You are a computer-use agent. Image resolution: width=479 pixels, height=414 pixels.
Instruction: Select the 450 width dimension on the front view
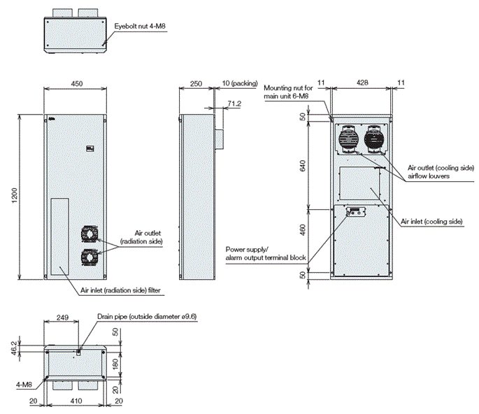(x=77, y=83)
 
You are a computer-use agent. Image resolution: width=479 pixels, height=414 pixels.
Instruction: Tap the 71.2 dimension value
(x=234, y=103)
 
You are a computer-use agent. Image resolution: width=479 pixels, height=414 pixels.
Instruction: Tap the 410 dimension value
(x=76, y=401)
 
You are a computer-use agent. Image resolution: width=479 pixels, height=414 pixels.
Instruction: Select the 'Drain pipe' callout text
(x=147, y=317)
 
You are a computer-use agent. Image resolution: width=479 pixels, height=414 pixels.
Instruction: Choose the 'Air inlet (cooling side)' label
(x=431, y=221)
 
